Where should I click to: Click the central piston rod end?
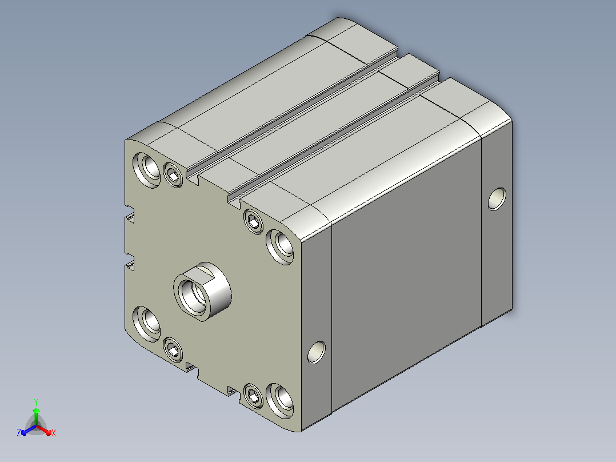pyautogui.click(x=202, y=292)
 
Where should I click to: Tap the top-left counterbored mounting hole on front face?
pyautogui.click(x=147, y=170)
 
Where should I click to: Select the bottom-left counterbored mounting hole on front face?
pyautogui.click(x=147, y=324)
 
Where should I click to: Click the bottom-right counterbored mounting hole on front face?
pyautogui.click(x=280, y=401)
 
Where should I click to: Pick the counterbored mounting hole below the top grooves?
pyautogui.click(x=280, y=246)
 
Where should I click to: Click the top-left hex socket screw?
pyautogui.click(x=173, y=174)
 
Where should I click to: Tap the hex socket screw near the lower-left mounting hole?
pyautogui.click(x=173, y=349)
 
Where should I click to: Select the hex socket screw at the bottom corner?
pyautogui.click(x=253, y=396)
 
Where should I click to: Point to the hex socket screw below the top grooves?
pyautogui.click(x=253, y=221)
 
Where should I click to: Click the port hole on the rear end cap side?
pyautogui.click(x=497, y=199)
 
